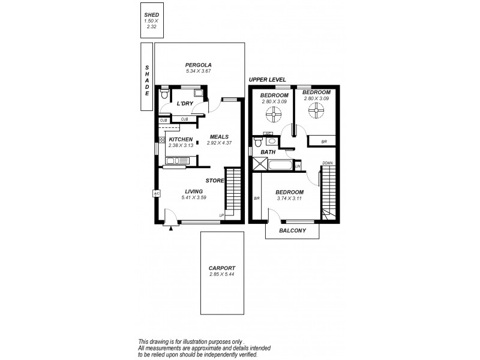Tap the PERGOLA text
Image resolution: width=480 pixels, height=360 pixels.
point(198,65)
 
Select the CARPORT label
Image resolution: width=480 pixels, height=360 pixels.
point(221,268)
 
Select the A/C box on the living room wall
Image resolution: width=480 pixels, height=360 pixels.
point(156,194)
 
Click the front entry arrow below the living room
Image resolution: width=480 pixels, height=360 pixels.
point(171,228)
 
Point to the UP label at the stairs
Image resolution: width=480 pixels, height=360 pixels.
point(221,215)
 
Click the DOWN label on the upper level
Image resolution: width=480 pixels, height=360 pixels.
point(327,163)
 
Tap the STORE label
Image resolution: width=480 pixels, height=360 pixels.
point(215,180)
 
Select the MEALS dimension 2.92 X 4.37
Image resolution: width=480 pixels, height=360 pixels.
point(218,143)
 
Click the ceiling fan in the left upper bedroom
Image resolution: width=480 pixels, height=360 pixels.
point(275,112)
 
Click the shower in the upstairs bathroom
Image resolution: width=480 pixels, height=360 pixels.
point(262,164)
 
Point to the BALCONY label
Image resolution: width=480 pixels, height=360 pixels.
point(293,231)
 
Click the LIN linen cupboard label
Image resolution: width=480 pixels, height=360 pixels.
point(296,166)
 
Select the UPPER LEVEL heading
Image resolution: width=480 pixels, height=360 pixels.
point(267,79)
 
